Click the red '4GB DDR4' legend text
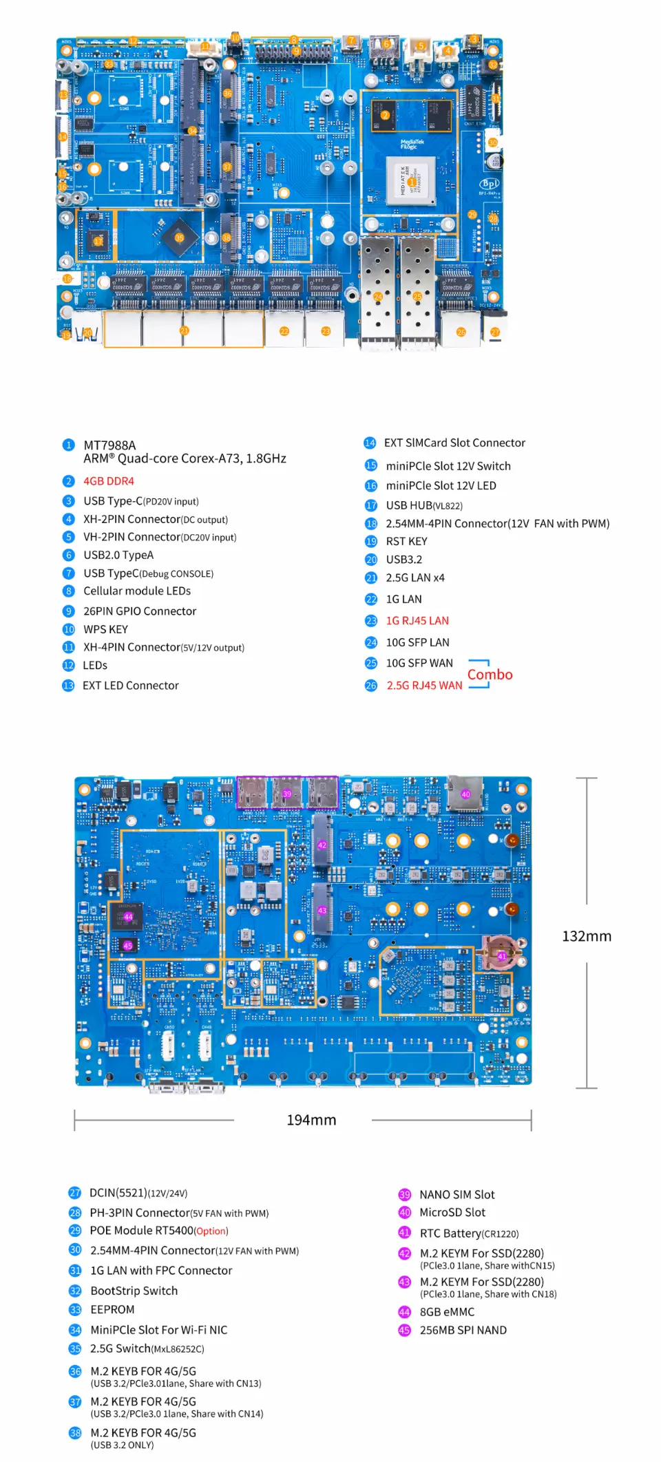(109, 481)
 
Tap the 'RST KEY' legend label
(406, 541)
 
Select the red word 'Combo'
(490, 675)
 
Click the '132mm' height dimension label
(586, 936)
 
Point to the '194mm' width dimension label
(311, 1120)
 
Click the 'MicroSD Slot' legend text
(452, 1212)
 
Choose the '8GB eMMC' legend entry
(447, 1312)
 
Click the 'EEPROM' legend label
(112, 1309)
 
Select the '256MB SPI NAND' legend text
(463, 1330)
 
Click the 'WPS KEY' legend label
(105, 629)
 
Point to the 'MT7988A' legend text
(109, 445)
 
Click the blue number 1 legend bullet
(68, 445)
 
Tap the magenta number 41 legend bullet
(405, 1232)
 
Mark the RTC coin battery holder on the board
(499, 953)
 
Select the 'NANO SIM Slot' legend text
(457, 1194)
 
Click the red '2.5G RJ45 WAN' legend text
(424, 685)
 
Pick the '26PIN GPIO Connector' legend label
(140, 611)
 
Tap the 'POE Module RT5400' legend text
(142, 1230)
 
